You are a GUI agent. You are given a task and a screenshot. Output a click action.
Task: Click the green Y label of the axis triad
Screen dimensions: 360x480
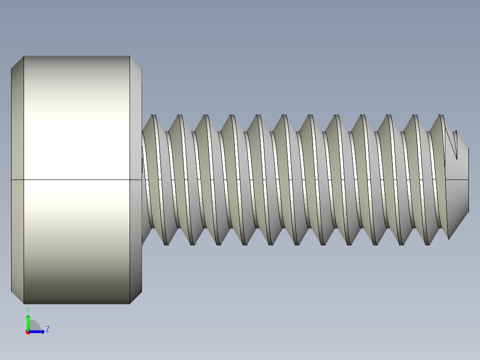(x=28, y=309)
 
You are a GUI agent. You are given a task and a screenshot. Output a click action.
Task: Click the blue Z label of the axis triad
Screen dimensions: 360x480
(x=47, y=329)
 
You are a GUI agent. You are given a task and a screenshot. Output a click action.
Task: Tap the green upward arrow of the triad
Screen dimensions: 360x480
(x=28, y=320)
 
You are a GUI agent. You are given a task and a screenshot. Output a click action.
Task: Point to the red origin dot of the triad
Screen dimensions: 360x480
(x=28, y=332)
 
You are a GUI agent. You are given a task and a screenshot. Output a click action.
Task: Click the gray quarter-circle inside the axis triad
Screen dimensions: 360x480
(x=34, y=326)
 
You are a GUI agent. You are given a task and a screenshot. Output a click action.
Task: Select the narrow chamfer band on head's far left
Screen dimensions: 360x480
(x=17, y=178)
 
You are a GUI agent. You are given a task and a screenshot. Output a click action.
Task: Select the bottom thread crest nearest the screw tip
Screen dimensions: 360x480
(x=427, y=244)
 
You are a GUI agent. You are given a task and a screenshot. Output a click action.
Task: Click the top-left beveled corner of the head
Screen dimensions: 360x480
(x=17, y=62)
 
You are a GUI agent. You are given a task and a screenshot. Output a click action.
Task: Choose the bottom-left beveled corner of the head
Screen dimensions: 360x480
(x=17, y=298)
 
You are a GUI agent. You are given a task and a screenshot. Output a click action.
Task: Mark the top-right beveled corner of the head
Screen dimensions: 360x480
(x=135, y=63)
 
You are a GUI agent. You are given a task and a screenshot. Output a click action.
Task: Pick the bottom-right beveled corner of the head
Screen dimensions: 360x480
(x=135, y=298)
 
